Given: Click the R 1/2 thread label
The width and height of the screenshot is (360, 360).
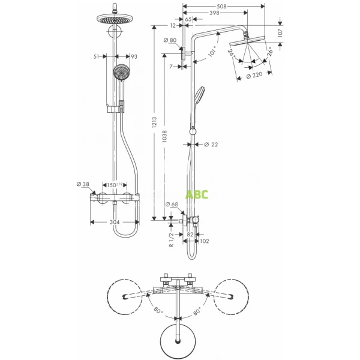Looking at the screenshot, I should click(x=171, y=239).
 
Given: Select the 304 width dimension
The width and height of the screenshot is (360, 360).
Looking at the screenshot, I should click(x=114, y=221).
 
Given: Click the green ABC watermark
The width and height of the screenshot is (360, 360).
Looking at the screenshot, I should click(x=197, y=195).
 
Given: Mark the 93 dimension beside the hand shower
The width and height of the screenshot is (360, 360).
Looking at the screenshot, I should click(x=134, y=56).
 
